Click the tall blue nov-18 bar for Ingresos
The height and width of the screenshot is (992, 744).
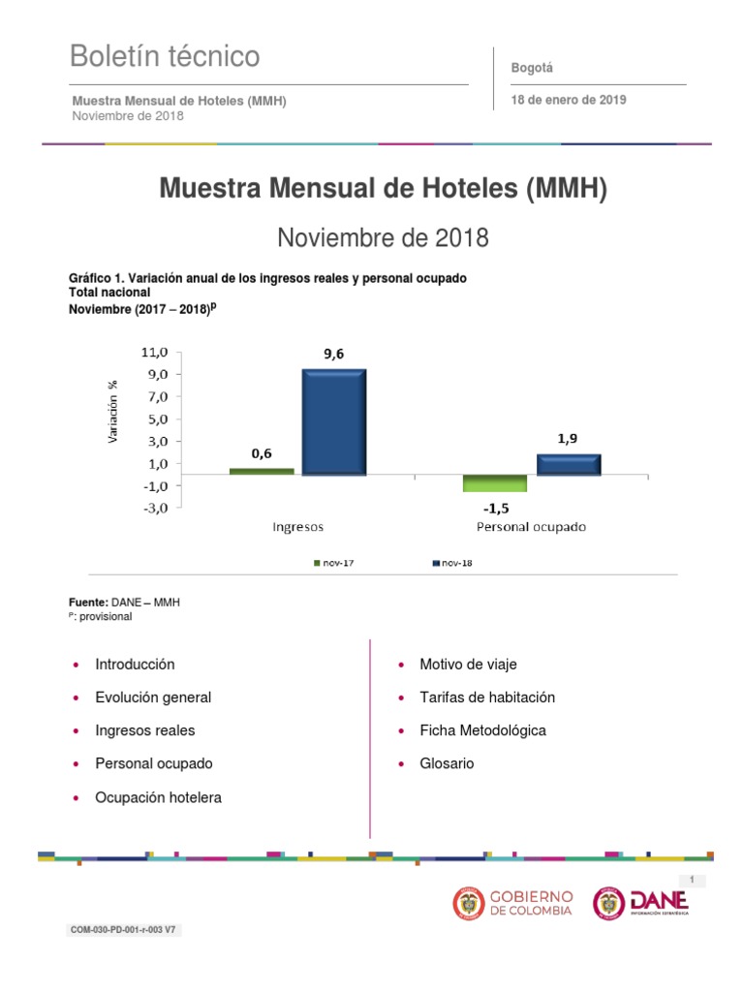tap(333, 421)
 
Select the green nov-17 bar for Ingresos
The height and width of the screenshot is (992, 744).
tap(262, 471)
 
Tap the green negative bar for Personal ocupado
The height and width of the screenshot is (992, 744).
tap(480, 483)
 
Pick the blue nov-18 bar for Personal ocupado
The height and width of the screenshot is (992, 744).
tap(569, 464)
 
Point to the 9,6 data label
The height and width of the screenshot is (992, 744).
tap(333, 355)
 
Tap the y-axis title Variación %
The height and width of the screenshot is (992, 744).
tap(113, 412)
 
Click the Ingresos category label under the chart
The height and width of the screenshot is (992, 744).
tap(296, 528)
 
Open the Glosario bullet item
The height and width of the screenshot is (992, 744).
tap(447, 763)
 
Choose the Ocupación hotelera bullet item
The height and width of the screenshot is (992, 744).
tap(158, 797)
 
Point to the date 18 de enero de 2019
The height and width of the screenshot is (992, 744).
tap(569, 100)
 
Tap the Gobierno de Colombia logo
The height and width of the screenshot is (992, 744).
tap(513, 903)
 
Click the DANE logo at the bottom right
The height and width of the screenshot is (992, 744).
tap(640, 903)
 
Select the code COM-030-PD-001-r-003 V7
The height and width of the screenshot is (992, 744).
tap(123, 930)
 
